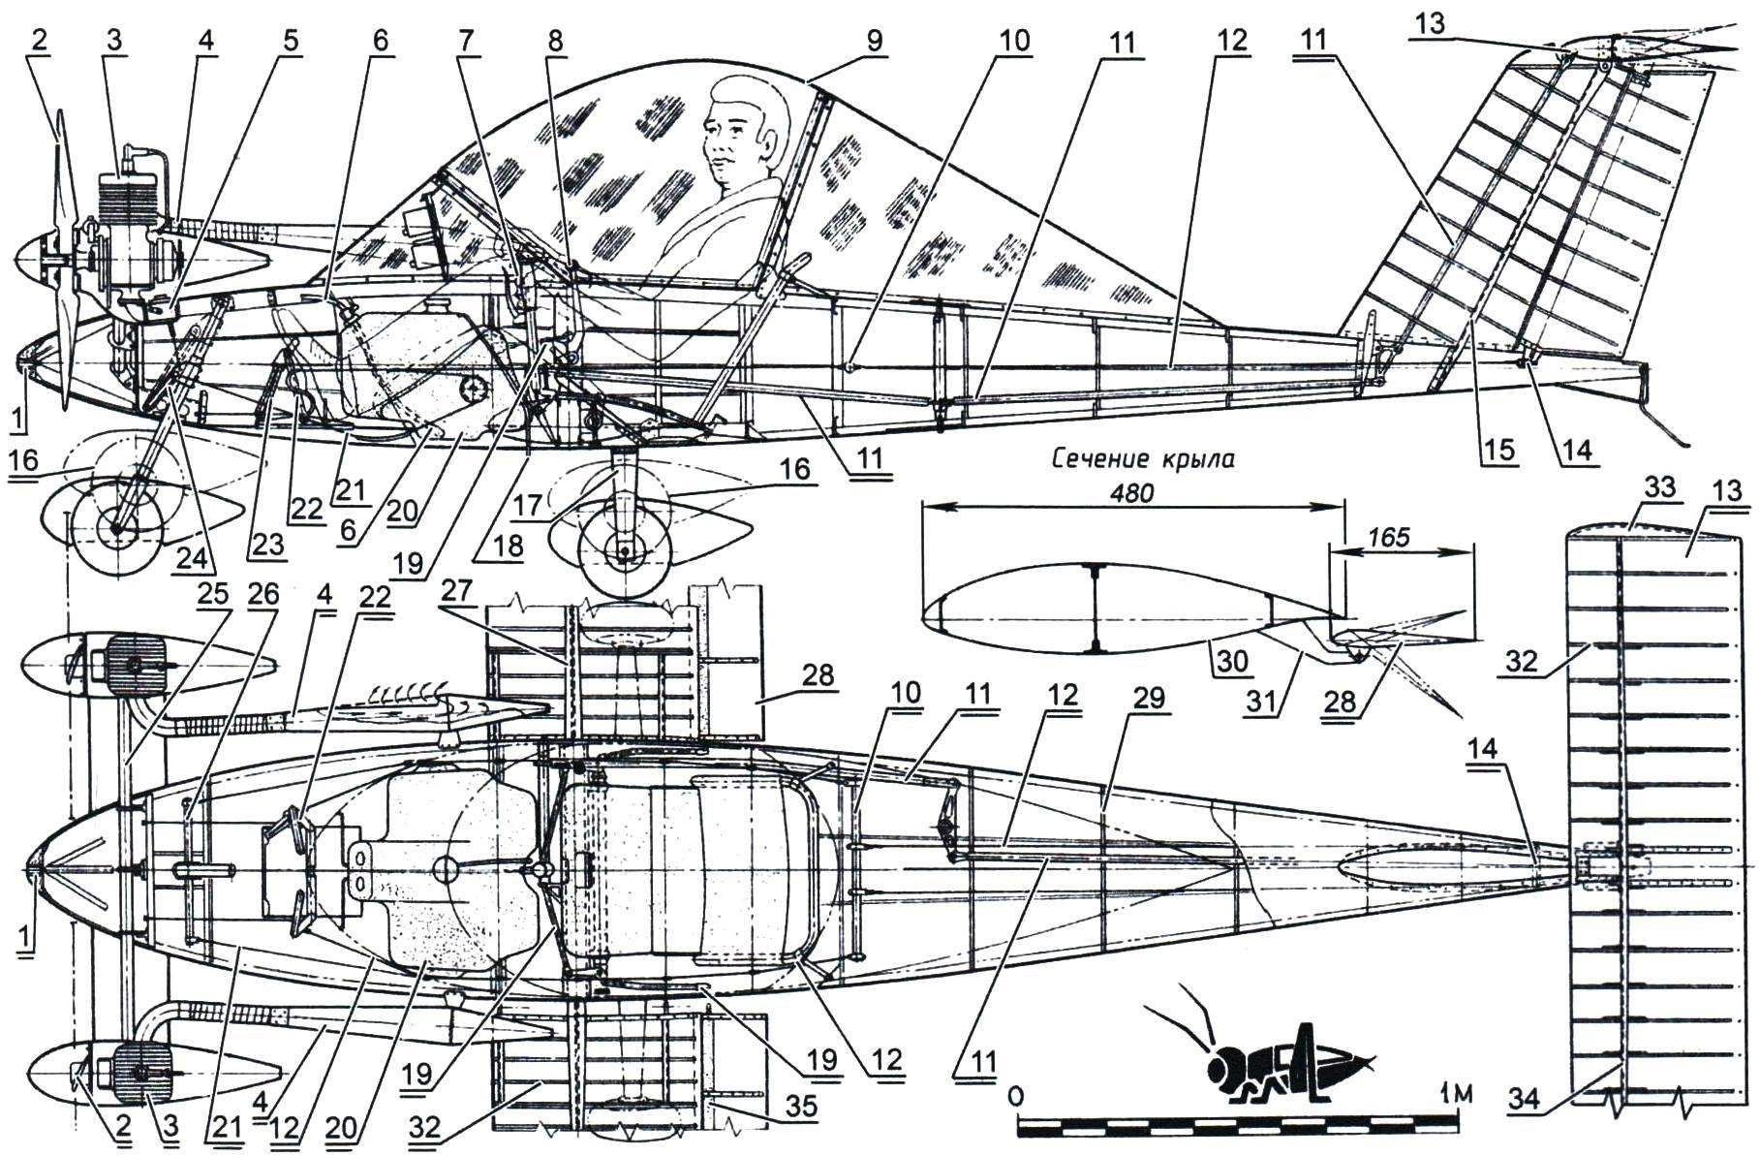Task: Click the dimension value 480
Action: tap(1133, 492)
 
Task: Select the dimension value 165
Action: tap(1391, 536)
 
